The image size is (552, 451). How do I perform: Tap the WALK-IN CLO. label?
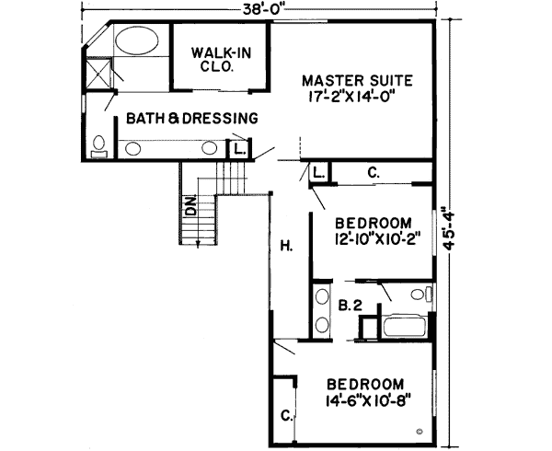tap(213, 60)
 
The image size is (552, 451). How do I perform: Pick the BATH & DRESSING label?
tap(191, 118)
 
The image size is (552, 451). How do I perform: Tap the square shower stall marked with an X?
tap(95, 73)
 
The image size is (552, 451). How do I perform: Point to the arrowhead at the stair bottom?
tap(197, 243)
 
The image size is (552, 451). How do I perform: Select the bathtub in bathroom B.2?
tap(401, 327)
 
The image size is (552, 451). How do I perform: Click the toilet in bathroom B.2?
tap(419, 295)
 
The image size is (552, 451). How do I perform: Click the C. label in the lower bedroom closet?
tap(286, 416)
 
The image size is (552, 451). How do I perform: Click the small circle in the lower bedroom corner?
tap(420, 432)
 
